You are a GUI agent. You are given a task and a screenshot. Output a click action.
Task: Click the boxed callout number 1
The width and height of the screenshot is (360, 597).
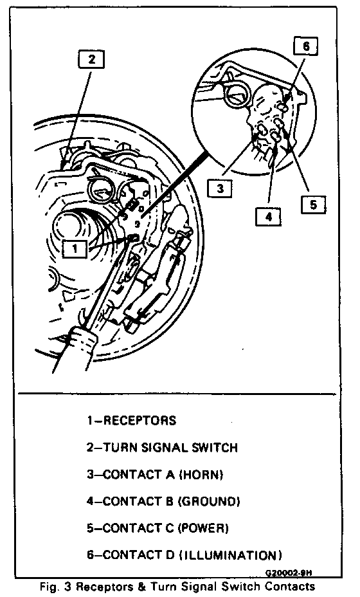click(75, 249)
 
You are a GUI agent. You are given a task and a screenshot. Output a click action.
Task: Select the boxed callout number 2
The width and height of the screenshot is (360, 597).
click(91, 59)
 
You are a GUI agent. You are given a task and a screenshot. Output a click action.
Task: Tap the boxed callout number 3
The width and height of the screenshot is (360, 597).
click(220, 188)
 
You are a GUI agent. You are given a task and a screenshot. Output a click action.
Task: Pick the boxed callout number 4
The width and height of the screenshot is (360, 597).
click(268, 217)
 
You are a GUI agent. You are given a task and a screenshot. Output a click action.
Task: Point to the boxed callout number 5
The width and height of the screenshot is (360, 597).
click(313, 205)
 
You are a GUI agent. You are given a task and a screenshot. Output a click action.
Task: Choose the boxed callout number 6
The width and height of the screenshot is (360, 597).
click(305, 46)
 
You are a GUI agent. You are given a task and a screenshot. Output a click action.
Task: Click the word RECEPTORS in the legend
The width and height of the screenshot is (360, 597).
click(139, 421)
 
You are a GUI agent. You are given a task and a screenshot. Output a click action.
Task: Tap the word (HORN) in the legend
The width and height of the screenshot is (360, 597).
click(201, 475)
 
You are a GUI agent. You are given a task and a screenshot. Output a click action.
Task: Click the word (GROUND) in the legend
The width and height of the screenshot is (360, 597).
click(210, 501)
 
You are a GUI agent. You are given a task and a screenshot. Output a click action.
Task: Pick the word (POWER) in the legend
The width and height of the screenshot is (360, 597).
click(204, 528)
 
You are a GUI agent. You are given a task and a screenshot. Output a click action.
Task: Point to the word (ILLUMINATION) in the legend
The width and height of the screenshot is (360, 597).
click(231, 555)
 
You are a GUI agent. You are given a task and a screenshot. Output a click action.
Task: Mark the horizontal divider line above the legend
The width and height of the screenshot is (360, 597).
click(177, 394)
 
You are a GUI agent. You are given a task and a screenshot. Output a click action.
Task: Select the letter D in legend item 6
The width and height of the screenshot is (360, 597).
click(170, 555)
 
